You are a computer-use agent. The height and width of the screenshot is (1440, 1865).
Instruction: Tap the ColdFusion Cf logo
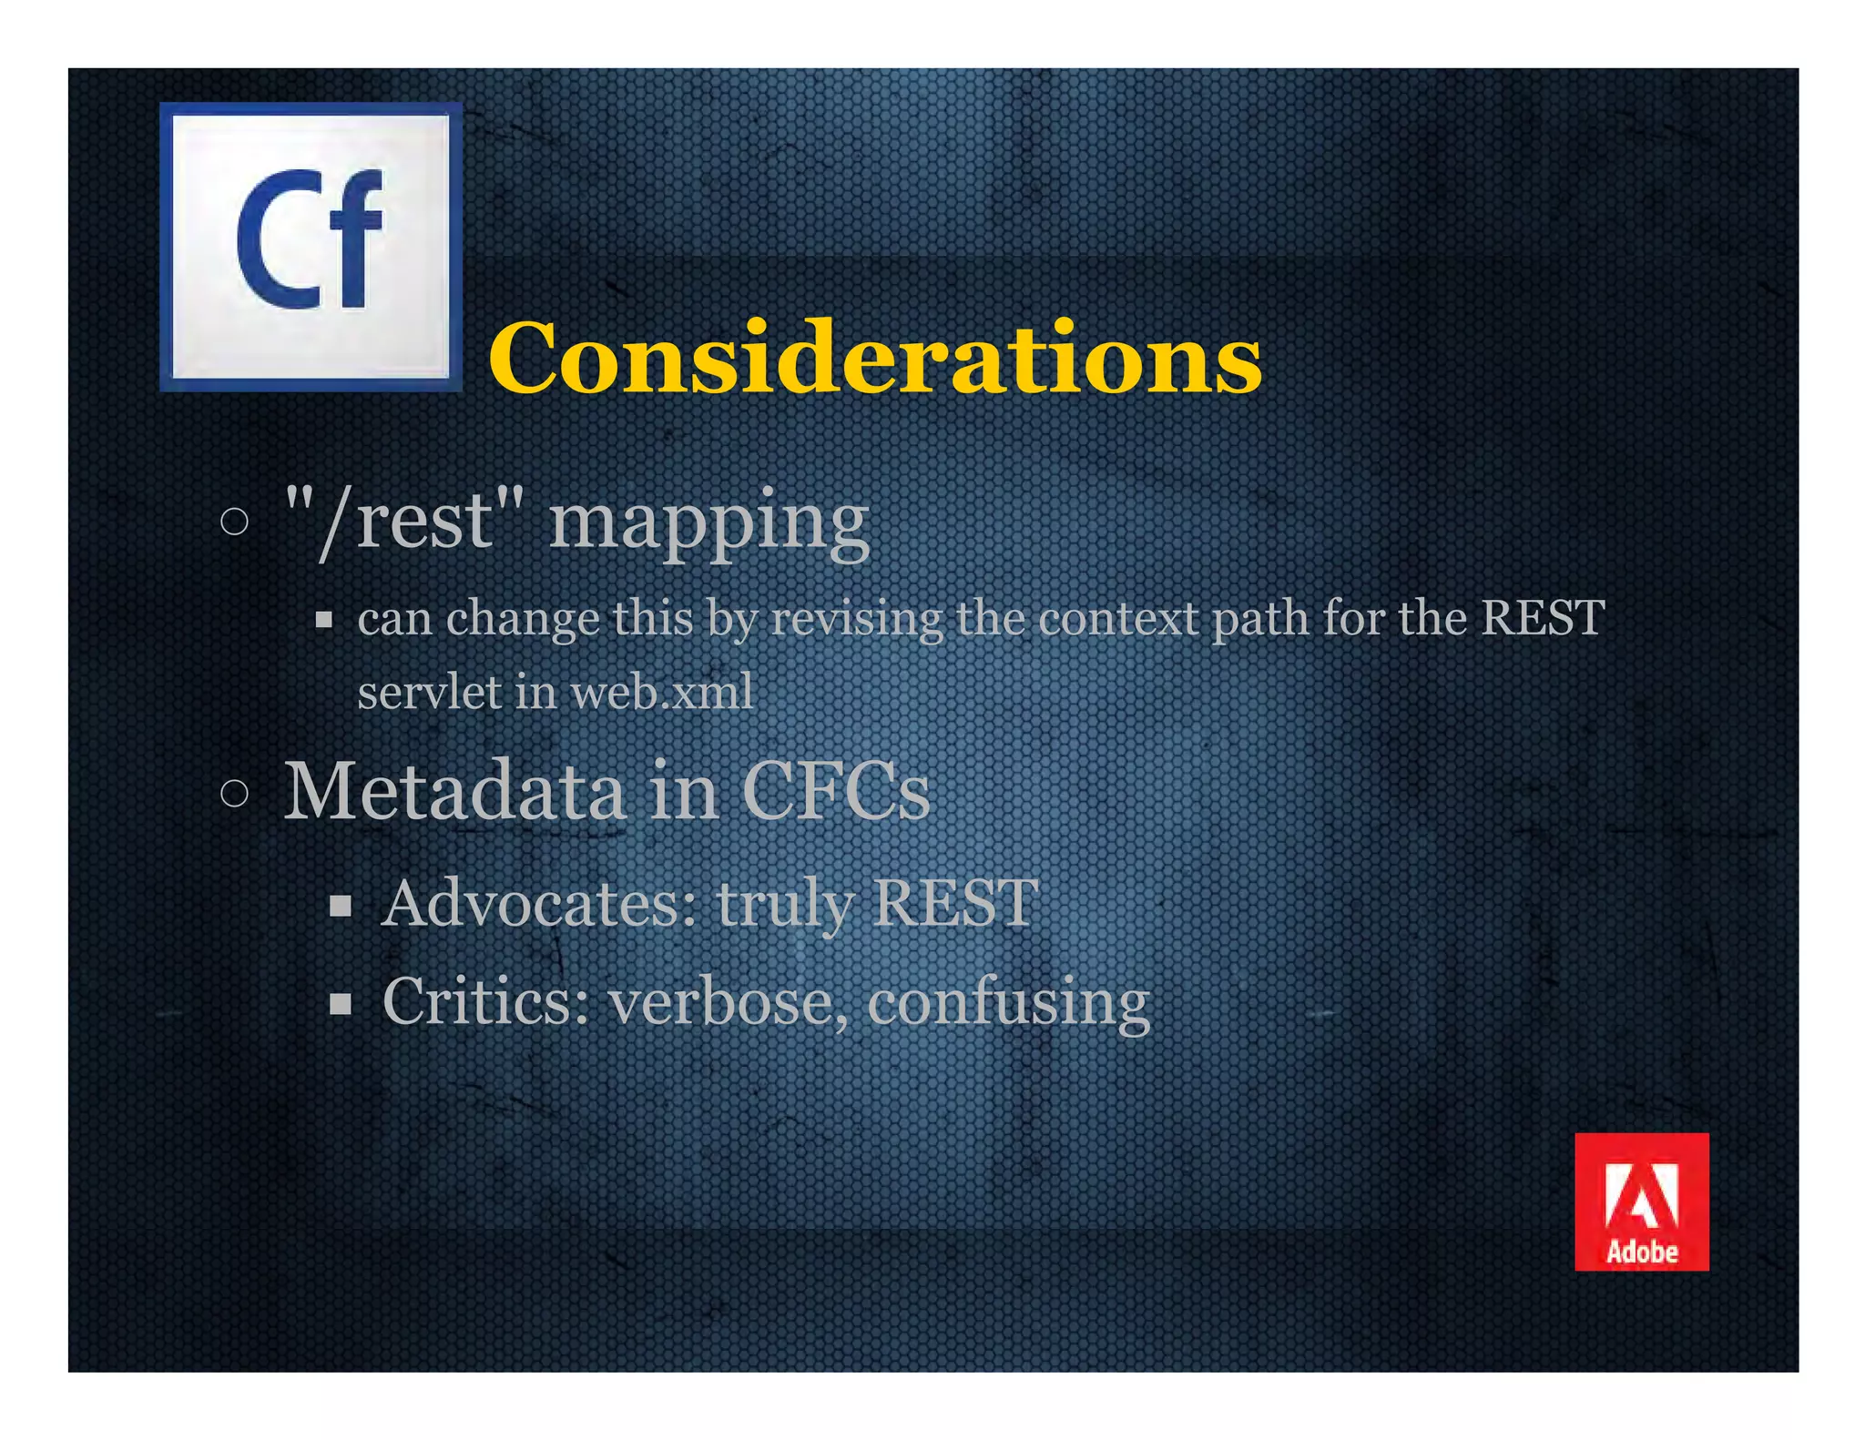311,247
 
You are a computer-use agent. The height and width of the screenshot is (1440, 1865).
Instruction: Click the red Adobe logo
1641,1201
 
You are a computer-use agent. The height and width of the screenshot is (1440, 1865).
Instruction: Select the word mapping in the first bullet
708,523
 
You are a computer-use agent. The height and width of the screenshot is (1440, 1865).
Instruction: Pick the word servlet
429,692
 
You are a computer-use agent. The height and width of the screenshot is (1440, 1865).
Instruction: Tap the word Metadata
454,790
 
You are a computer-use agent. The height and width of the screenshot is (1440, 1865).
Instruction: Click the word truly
785,905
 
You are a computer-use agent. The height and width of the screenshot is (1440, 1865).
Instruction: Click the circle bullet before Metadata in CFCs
234,793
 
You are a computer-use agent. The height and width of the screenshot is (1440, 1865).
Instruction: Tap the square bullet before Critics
341,1004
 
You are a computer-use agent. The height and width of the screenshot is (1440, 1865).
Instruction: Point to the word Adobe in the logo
1641,1252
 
